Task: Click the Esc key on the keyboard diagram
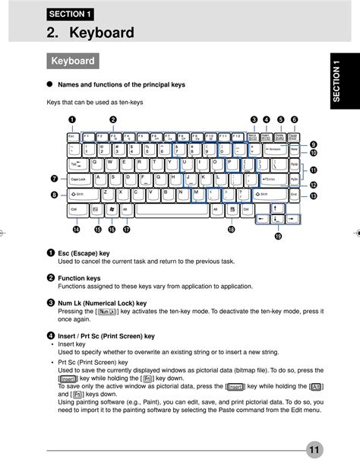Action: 72,138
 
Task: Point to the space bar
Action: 171,208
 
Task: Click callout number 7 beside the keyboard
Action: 55,179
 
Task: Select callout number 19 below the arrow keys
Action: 278,236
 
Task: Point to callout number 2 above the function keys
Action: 112,119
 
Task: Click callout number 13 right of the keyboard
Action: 314,195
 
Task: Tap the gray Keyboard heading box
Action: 72,61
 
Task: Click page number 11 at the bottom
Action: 315,449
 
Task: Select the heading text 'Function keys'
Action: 79,278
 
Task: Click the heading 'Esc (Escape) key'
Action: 84,252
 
